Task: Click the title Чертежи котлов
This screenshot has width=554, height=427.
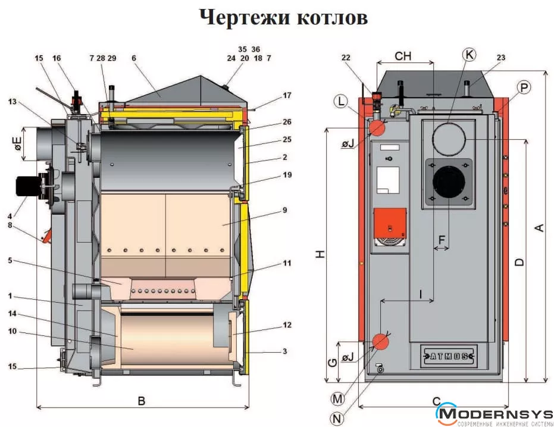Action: point(283,17)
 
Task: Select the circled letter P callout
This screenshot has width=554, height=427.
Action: point(524,88)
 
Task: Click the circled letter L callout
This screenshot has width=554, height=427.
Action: point(340,101)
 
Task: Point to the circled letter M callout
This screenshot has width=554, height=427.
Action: point(338,397)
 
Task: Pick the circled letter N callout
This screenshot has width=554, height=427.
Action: point(338,419)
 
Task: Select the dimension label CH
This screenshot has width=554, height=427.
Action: point(403,56)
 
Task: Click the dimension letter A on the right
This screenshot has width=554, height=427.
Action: point(539,228)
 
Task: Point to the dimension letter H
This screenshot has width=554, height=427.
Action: point(320,254)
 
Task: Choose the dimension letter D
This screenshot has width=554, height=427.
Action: point(519,262)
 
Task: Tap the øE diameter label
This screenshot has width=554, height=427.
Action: point(17,143)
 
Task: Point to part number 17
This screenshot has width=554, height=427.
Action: point(287,95)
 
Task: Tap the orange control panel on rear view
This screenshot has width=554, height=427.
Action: point(389,221)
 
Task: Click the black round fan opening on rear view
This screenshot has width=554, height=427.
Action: point(449,183)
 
